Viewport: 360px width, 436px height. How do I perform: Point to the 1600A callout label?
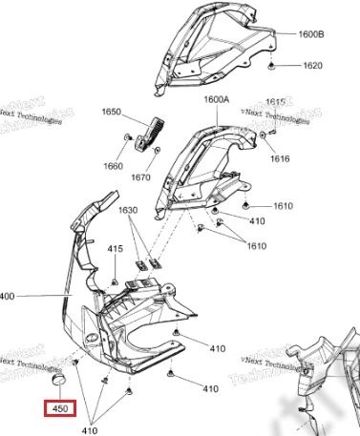(x=216, y=99)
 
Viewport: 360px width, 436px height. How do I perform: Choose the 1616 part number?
(x=305, y=159)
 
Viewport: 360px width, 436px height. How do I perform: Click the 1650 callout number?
(x=112, y=113)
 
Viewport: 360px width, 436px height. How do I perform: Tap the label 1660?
(x=114, y=166)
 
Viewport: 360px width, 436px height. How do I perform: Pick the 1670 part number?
(x=169, y=177)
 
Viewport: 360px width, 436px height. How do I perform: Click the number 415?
(x=116, y=250)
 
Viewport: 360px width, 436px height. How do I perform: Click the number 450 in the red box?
(x=61, y=410)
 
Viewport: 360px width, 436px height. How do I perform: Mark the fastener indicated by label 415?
(x=115, y=280)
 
